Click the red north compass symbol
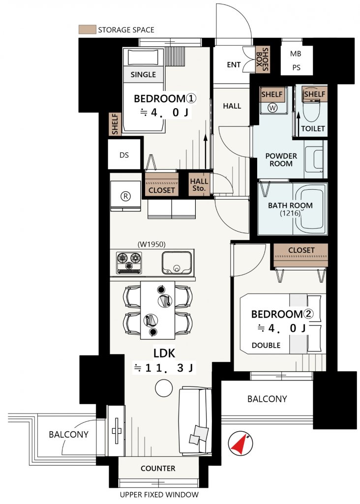point(240,444)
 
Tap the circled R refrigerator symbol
point(125,196)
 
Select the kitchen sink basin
point(177,262)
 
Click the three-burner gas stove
point(129,263)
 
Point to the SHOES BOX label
point(262,59)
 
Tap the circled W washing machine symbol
point(272,108)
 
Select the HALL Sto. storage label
point(199,185)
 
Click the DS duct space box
point(124,155)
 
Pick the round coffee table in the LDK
point(164,388)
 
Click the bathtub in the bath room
point(310,209)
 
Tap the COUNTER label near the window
point(158,468)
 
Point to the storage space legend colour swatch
point(87,30)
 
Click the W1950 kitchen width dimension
point(151,244)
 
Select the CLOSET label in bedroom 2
point(301,250)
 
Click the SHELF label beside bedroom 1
point(115,124)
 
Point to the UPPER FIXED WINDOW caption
point(159,495)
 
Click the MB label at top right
point(296,54)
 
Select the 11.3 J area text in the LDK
point(164,368)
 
